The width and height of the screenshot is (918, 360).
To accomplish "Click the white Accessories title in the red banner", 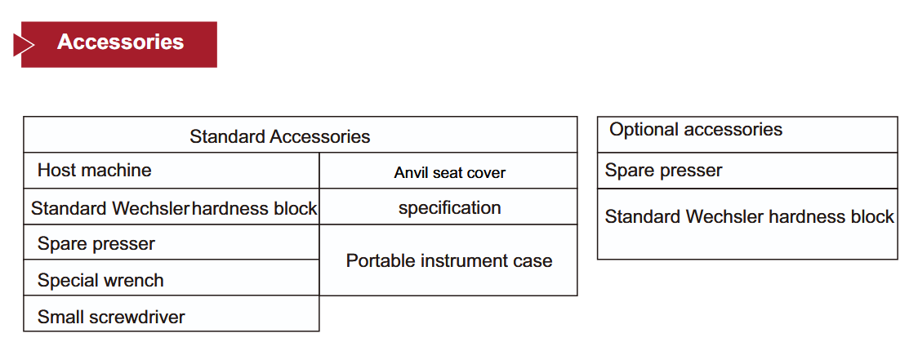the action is click(x=121, y=42).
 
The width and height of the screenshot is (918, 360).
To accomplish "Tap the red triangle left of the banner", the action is click(x=23, y=45).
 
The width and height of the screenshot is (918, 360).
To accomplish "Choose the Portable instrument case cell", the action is click(x=449, y=260).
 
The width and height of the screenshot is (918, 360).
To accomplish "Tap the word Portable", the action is click(x=377, y=260).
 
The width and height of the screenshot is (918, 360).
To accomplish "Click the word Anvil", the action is click(x=408, y=173).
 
